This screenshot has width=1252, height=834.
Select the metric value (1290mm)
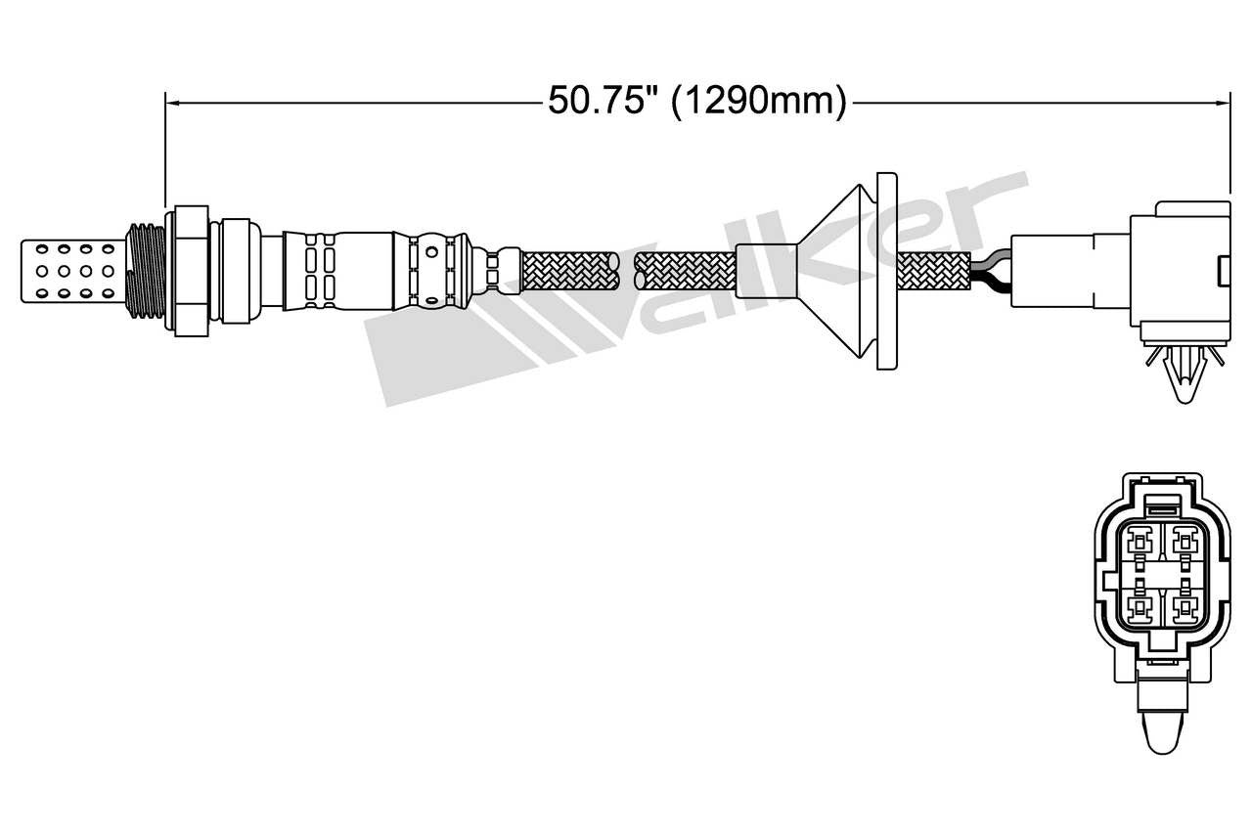758,101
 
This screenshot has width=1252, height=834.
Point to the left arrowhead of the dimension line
171,100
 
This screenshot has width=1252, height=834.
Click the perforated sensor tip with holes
74,268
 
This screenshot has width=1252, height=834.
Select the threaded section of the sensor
145,269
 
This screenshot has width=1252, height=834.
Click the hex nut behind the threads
191,270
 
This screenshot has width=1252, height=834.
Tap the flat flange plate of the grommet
886,270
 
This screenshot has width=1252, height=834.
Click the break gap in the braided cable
627,270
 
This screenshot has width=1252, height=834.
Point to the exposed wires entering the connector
990,270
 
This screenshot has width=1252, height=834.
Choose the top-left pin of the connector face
1140,541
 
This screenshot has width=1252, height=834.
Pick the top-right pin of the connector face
1186,541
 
